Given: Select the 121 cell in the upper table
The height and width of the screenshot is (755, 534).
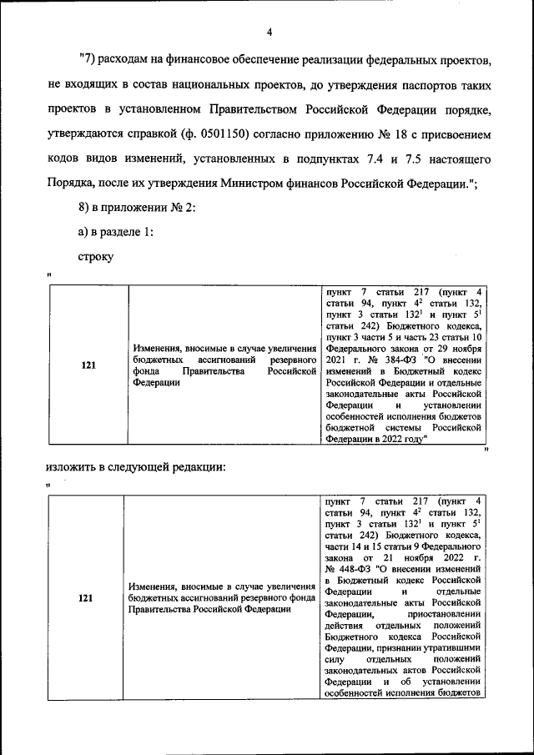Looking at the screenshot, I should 88,365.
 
